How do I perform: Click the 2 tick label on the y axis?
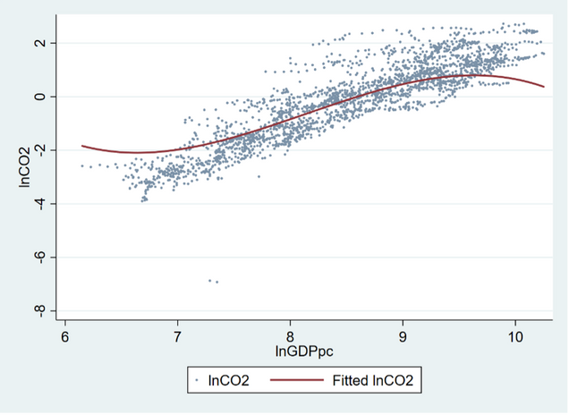38,43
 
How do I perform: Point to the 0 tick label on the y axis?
38,97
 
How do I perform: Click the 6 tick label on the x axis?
65,337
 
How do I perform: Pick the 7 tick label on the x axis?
177,337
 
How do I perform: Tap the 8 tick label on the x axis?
290,337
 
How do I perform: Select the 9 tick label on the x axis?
403,337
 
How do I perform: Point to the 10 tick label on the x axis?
514,337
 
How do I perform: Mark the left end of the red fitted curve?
82,146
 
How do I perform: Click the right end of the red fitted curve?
544,87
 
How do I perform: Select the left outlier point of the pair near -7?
210,280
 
